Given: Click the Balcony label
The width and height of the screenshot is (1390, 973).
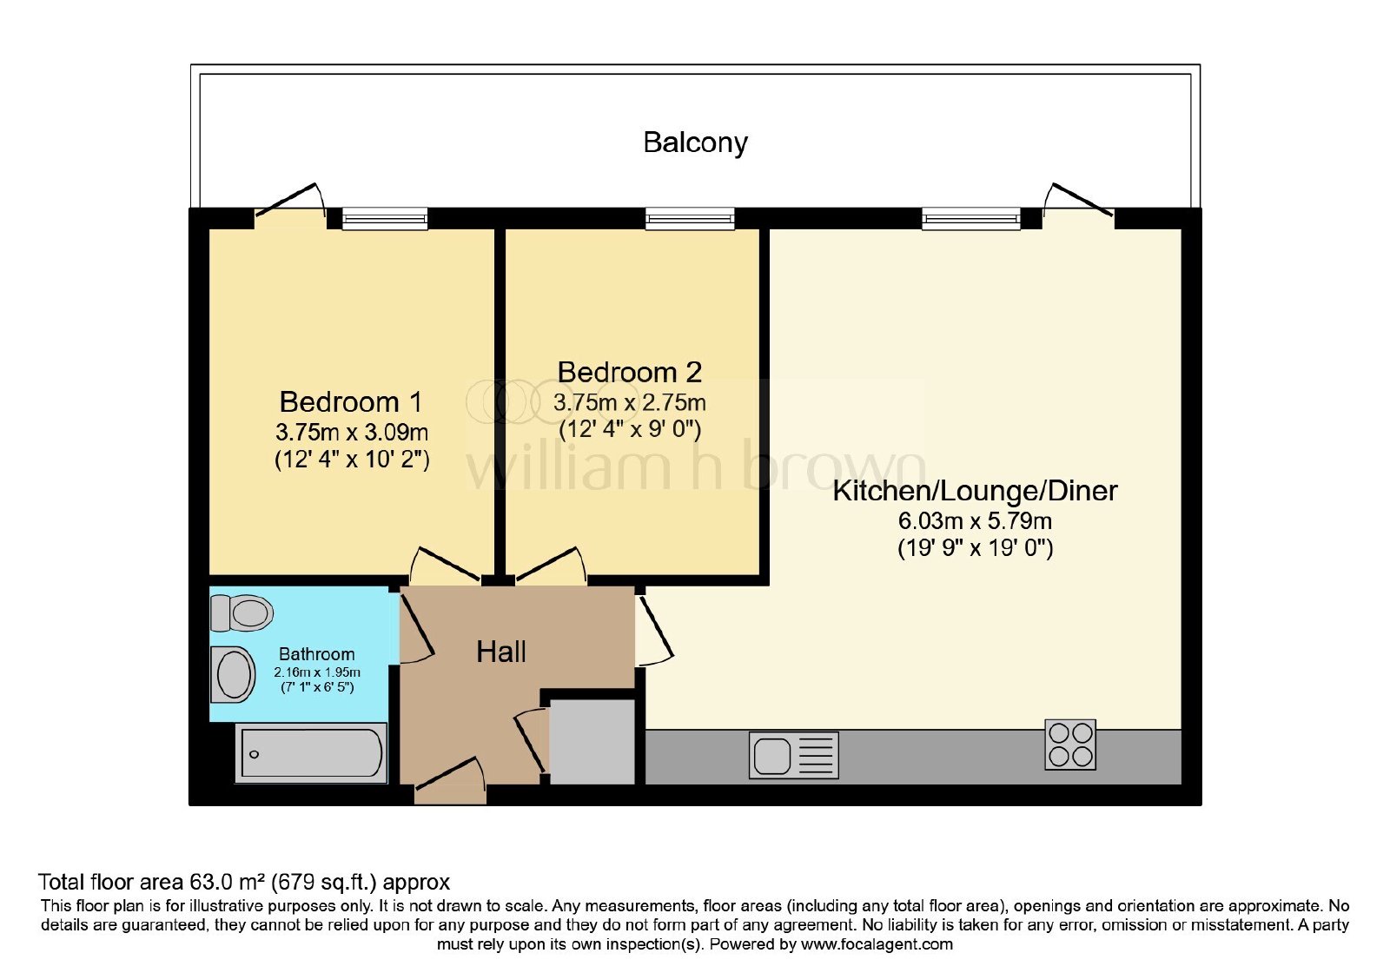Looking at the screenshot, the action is [695, 142].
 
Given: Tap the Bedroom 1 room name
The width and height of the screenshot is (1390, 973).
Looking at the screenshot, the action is [351, 402].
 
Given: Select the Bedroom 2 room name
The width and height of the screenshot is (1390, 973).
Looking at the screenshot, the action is [629, 373].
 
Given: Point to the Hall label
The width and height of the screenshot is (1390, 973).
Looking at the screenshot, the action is [500, 652].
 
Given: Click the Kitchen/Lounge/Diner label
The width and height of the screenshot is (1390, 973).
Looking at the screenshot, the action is [975, 492].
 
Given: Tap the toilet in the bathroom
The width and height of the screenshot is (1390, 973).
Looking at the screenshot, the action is [242, 613].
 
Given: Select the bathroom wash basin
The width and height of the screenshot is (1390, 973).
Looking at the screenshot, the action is [233, 674].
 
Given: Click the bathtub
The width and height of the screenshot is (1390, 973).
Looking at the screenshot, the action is [312, 752].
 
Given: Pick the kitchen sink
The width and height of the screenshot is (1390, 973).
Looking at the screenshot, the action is [794, 755].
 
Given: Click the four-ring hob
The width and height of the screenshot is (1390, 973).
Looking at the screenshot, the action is [1070, 745].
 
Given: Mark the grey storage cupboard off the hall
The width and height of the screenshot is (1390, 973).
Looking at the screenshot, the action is [592, 742].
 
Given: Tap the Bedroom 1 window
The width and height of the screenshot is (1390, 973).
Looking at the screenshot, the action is [385, 218].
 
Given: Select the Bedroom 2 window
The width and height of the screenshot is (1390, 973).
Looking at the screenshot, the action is [690, 218].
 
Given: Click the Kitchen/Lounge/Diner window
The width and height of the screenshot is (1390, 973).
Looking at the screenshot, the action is [971, 218].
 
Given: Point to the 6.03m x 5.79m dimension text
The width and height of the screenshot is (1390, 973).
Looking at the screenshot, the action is [975, 520].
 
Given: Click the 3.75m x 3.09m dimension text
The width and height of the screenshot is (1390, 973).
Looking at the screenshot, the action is [352, 432].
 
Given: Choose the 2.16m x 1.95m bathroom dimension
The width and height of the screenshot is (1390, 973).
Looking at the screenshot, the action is [317, 672].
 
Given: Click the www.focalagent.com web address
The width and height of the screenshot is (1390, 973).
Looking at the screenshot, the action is [877, 944].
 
